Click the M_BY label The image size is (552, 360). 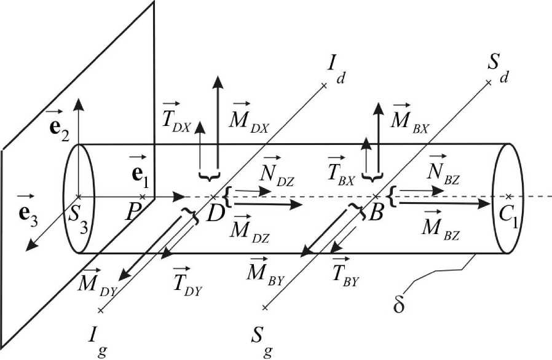coord(260,271)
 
